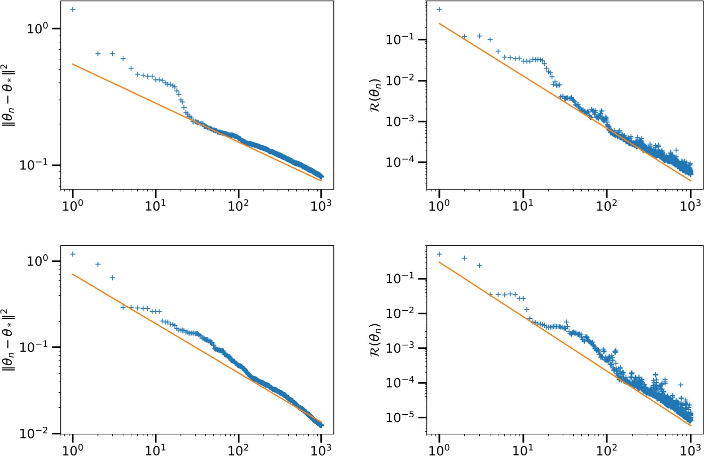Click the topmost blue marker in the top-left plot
click(73, 10)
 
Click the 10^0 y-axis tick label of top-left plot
click(37, 28)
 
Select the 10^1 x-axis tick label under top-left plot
click(155, 206)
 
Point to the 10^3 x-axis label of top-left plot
click(321, 206)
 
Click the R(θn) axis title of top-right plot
click(375, 95)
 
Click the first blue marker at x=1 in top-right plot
click(439, 10)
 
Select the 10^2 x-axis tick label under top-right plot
click(606, 206)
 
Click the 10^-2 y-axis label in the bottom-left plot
click(33, 433)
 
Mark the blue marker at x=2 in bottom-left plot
click(98, 264)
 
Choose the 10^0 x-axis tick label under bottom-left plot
click(72, 450)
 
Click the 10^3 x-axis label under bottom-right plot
click(690, 450)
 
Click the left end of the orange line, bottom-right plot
click(439, 262)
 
